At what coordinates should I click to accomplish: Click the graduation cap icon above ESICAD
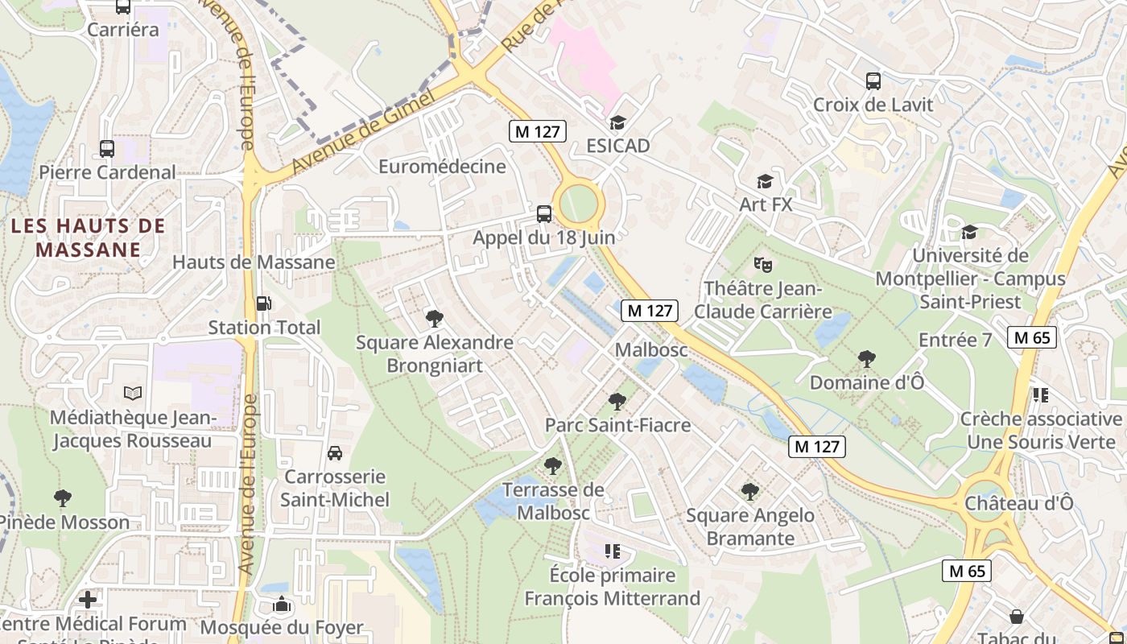click(617, 122)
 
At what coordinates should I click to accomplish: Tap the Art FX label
click(766, 204)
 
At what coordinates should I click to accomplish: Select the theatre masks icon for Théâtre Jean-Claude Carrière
click(762, 263)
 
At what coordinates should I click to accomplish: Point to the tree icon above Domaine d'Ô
click(866, 358)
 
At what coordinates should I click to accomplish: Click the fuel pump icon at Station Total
click(263, 303)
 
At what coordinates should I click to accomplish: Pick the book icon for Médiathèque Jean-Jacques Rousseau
click(132, 394)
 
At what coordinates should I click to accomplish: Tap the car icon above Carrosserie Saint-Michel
click(334, 453)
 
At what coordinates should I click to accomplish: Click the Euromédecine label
click(442, 167)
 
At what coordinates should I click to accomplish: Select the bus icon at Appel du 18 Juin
click(544, 213)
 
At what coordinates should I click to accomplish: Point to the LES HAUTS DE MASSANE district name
click(89, 237)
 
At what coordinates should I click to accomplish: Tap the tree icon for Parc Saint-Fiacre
click(617, 400)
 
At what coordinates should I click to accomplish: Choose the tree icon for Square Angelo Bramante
click(750, 491)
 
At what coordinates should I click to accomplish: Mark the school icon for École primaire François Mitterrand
click(613, 551)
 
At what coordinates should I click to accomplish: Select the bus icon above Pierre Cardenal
click(107, 148)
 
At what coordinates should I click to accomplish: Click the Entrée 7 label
click(955, 340)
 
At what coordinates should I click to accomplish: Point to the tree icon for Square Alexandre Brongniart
click(435, 319)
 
